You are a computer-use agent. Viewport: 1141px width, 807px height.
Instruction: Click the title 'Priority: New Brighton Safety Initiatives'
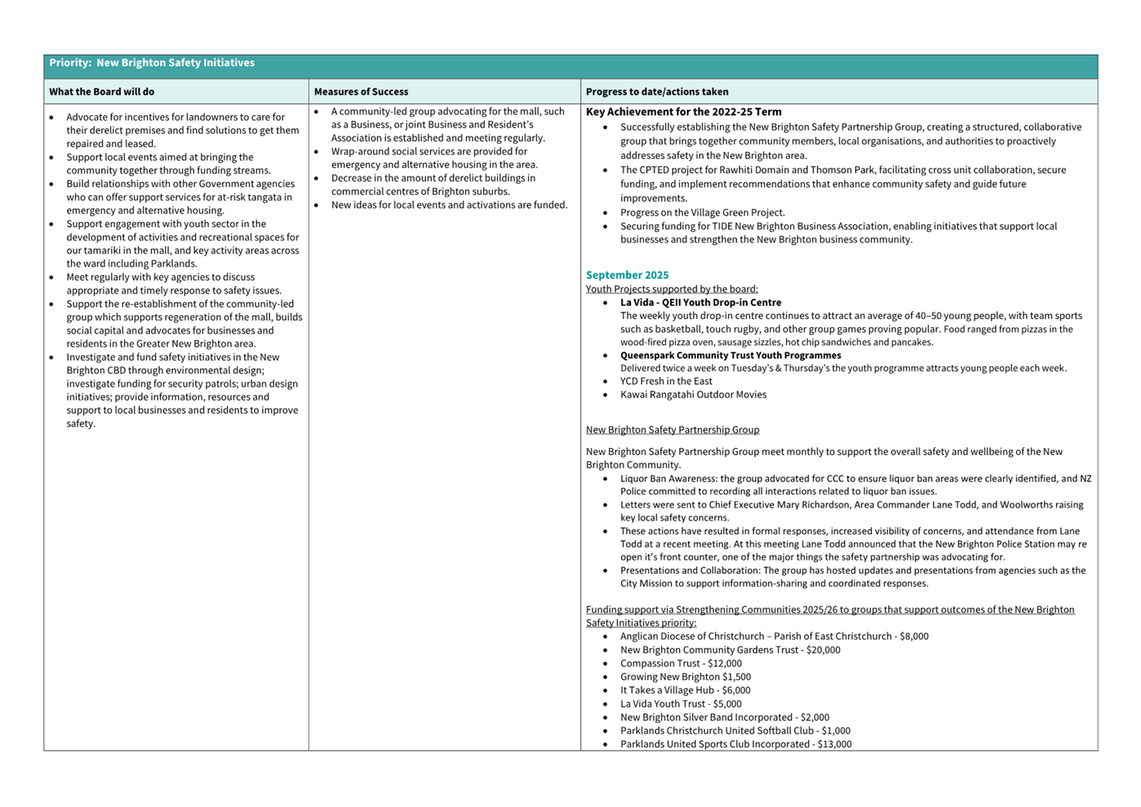[152, 63]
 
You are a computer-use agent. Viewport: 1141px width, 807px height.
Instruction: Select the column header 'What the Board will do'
[101, 91]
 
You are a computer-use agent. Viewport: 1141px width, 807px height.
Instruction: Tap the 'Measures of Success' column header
[361, 91]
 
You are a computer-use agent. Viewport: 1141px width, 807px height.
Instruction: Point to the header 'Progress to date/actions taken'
[657, 91]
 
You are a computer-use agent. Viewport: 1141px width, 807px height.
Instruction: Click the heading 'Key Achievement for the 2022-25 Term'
[684, 112]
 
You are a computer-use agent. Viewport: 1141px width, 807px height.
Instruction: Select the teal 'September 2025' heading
[627, 275]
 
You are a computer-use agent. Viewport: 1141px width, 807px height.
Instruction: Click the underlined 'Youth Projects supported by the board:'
[672, 289]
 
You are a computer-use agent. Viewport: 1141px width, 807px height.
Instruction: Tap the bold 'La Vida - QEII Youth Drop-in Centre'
[700, 303]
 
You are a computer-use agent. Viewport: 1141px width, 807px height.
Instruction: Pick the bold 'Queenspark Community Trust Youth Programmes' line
[730, 356]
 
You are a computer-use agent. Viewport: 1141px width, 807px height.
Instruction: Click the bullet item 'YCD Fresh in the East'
[666, 381]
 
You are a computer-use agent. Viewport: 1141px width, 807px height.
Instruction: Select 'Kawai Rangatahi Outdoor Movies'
[693, 395]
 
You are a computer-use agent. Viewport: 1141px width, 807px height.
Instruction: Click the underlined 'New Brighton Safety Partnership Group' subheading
[673, 430]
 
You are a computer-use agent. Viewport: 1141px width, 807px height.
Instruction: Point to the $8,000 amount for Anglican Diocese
[913, 636]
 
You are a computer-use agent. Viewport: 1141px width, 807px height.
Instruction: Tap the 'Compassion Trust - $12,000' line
[681, 663]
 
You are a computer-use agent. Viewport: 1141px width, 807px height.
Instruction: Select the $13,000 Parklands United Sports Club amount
[834, 744]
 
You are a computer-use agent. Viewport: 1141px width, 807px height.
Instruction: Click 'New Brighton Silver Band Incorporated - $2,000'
[724, 717]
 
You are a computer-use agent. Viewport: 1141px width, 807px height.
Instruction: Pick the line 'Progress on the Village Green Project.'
[702, 212]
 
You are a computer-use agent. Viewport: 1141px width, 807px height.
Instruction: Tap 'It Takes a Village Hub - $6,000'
[685, 690]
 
